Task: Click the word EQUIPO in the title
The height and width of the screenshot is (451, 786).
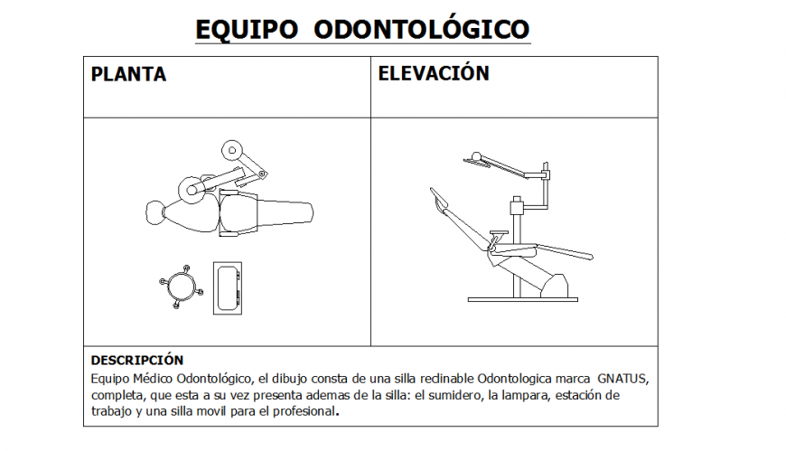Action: tap(247, 29)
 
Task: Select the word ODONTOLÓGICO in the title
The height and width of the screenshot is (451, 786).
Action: tap(421, 29)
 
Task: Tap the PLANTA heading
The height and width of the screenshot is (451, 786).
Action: tap(128, 74)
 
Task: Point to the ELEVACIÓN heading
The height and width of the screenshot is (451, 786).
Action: tap(434, 73)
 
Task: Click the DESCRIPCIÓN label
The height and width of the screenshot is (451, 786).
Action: tap(136, 360)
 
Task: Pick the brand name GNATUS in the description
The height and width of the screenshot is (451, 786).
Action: tap(622, 376)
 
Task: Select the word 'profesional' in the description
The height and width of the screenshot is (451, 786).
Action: tap(303, 412)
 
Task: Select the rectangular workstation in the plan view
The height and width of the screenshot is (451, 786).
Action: tap(228, 287)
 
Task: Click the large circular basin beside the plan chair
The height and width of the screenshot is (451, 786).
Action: tap(191, 189)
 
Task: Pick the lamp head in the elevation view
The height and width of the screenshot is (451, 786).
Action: tap(473, 160)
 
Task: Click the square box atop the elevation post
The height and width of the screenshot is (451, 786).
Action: tap(518, 206)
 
